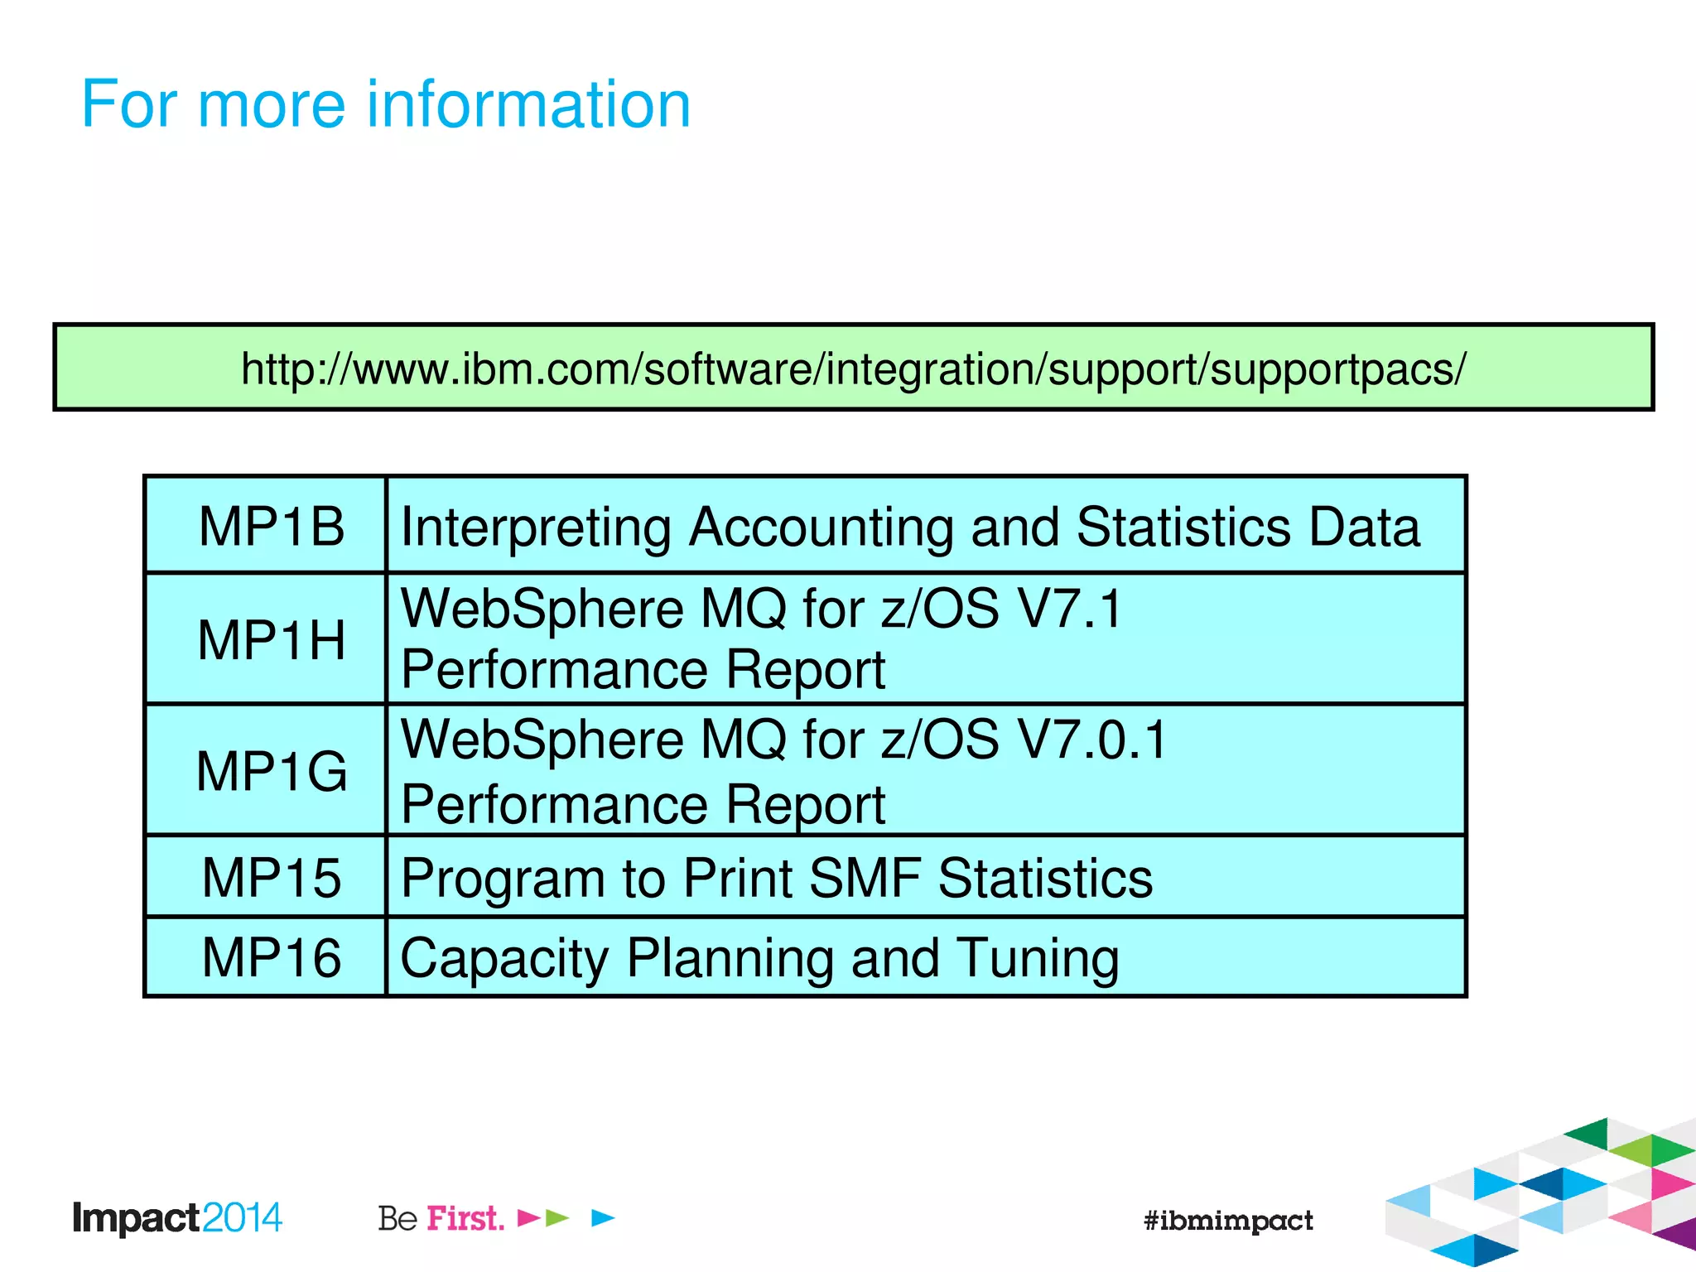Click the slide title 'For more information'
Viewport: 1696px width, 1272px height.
tap(386, 104)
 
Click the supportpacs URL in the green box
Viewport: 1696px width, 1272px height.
tap(853, 369)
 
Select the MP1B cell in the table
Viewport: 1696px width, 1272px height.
tap(271, 527)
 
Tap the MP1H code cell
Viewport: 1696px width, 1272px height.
tap(271, 640)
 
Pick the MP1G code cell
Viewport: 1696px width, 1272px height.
tap(271, 771)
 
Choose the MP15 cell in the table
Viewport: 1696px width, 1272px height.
tap(271, 878)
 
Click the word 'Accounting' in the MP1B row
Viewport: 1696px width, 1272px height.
tap(821, 528)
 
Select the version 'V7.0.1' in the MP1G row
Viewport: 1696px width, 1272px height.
tap(1092, 740)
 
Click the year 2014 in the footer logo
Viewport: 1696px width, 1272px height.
tap(242, 1218)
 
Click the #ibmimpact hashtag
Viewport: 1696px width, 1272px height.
tap(1227, 1221)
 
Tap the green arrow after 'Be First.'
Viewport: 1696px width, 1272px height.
tap(557, 1218)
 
